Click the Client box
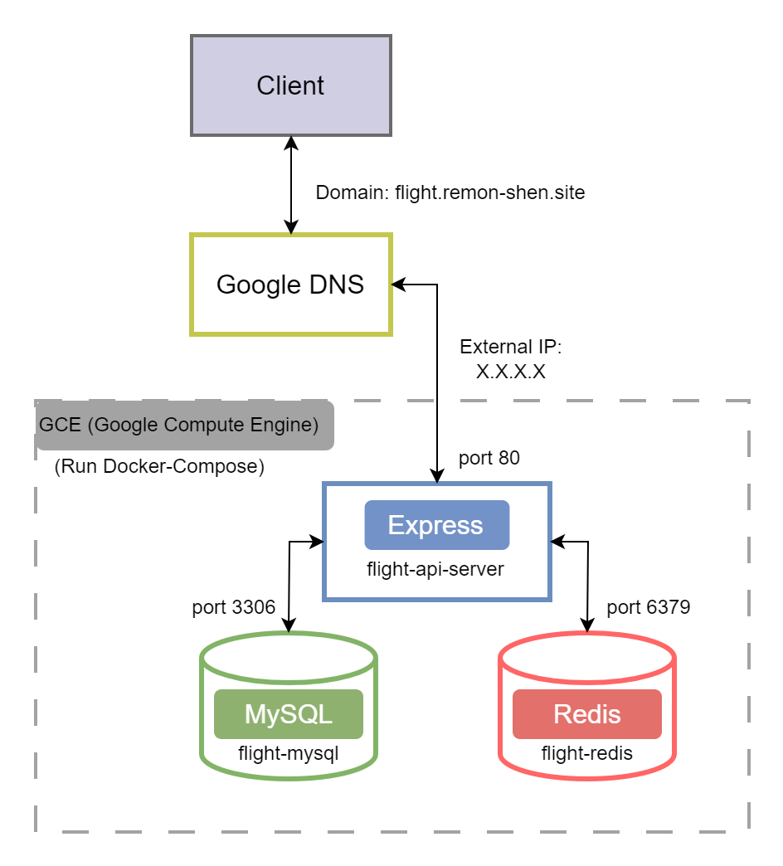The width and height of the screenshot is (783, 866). click(x=291, y=85)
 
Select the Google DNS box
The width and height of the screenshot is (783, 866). click(x=291, y=285)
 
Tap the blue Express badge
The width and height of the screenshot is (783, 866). click(x=437, y=525)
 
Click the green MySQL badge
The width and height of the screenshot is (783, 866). click(x=289, y=713)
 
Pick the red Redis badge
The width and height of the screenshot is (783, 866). click(x=587, y=713)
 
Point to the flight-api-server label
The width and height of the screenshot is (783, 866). click(x=435, y=569)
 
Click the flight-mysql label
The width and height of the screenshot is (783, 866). click(x=289, y=753)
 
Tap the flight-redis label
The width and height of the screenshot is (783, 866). click(x=587, y=753)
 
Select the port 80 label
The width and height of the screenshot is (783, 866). click(x=489, y=458)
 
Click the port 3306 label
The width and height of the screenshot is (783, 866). click(x=234, y=607)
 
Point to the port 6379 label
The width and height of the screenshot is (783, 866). click(x=649, y=607)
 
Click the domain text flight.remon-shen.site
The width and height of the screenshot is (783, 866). click(x=489, y=192)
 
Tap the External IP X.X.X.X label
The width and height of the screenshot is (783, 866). click(x=511, y=359)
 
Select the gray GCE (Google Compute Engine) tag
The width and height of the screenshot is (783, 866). click(x=184, y=425)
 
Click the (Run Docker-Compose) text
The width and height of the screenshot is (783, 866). click(x=159, y=466)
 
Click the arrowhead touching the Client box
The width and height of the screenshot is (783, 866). click(x=291, y=144)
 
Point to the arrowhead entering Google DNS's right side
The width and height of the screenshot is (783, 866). click(x=399, y=285)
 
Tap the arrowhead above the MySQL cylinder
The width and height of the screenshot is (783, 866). click(x=289, y=625)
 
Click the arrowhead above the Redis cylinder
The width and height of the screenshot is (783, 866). click(x=587, y=625)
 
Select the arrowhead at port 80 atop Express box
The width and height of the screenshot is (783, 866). click(x=437, y=475)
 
